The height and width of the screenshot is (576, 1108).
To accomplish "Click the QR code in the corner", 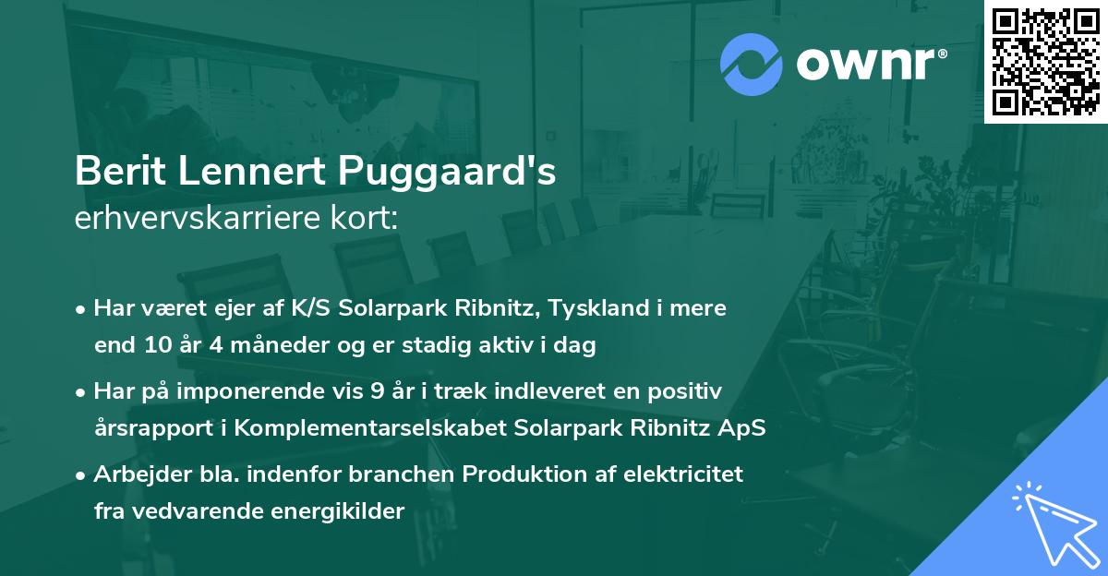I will pos(1046,62).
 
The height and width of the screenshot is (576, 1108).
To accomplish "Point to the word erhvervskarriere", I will pos(184,218).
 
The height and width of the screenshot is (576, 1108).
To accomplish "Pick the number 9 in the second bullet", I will pos(376,391).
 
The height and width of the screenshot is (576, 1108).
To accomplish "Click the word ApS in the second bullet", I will pos(746,429).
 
